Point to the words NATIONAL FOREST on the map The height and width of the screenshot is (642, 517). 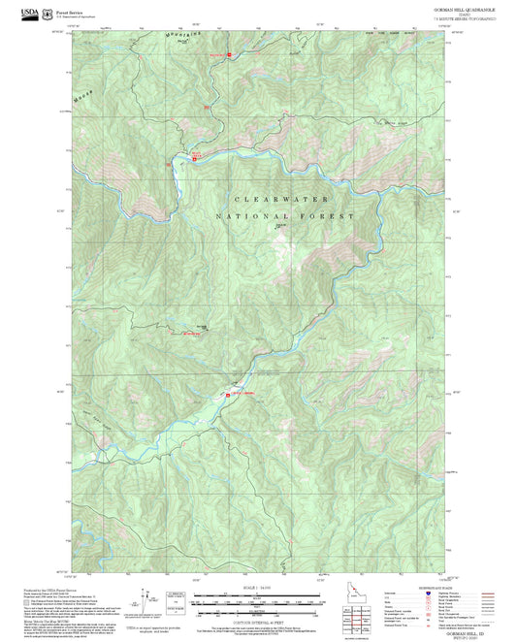[x=284, y=215]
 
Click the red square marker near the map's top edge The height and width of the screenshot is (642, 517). [x=229, y=54]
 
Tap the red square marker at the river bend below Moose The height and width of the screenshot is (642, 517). [x=194, y=159]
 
